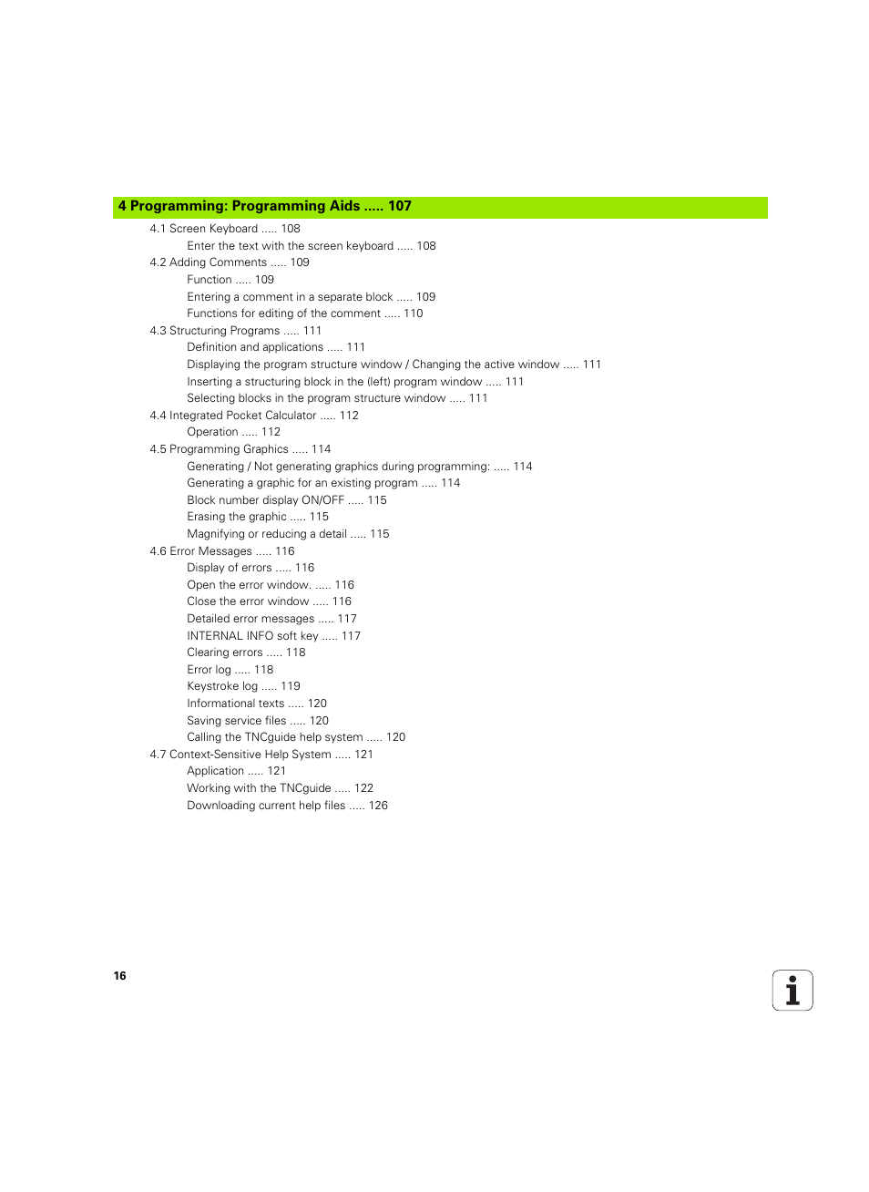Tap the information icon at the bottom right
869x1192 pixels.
(792, 990)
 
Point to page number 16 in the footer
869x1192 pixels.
(120, 976)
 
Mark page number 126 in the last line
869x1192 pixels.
(378, 806)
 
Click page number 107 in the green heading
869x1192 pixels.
(399, 207)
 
